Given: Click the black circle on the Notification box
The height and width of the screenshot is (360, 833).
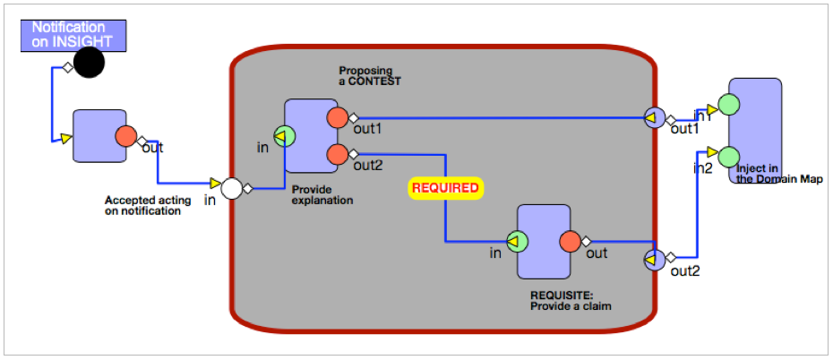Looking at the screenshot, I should point(89,63).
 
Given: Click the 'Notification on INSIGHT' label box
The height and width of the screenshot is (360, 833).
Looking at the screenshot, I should point(74,34).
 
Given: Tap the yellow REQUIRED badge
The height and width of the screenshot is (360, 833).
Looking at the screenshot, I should point(446,188).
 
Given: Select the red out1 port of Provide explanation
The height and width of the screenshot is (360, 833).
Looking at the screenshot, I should point(338,117).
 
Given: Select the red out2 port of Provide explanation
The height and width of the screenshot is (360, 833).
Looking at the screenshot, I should point(338,154).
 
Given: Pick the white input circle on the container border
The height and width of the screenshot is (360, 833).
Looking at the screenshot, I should point(232,188).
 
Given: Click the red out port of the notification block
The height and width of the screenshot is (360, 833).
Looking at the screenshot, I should point(126,137).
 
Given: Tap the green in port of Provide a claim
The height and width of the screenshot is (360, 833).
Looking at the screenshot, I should point(518,242).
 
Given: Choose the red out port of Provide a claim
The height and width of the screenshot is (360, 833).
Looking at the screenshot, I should point(571,242).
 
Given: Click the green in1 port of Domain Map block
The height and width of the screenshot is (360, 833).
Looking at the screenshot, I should point(729,105).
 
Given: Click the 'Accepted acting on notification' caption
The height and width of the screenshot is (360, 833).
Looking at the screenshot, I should point(148,206).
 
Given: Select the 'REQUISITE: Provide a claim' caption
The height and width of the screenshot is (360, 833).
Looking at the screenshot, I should point(570,299).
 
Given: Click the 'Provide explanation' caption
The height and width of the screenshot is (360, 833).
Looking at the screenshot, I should point(322,194).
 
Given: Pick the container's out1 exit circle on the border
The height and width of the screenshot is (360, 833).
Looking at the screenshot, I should point(653,117).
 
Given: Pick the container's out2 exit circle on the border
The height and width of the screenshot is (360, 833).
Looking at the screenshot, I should point(653,260).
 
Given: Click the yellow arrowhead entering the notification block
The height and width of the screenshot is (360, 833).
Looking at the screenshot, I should point(65,138).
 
